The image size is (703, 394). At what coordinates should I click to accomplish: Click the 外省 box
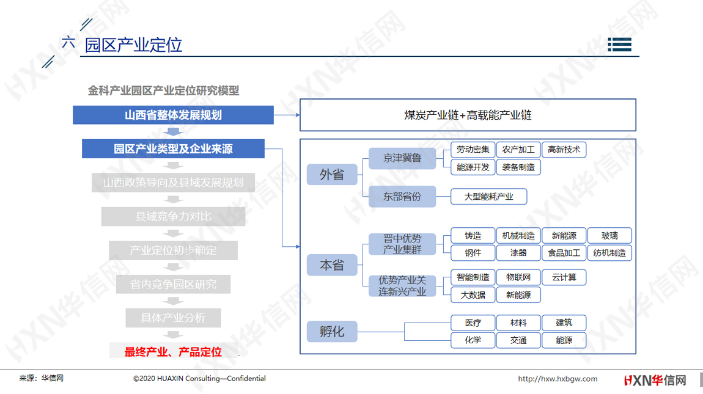(332, 174)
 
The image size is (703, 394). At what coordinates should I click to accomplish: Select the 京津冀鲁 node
(402, 158)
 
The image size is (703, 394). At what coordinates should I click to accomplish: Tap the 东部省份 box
(402, 196)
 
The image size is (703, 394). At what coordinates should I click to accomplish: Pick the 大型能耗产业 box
(488, 196)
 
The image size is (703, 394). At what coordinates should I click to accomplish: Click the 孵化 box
(332, 332)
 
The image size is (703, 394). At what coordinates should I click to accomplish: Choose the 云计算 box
(564, 277)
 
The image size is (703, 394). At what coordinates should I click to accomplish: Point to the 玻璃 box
(609, 235)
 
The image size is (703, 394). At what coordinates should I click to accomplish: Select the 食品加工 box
(564, 253)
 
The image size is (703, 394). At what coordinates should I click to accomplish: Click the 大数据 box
(473, 295)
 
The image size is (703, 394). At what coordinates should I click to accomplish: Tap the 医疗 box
(473, 323)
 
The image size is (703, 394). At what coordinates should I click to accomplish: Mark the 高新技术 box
(564, 150)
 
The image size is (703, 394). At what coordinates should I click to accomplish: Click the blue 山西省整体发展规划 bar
(173, 115)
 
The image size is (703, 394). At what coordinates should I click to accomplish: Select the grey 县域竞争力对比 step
(173, 216)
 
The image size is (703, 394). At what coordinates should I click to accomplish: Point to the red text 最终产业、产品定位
(173, 352)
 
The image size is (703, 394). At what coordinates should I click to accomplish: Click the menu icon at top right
(620, 45)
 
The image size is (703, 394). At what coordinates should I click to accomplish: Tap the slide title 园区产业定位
(134, 45)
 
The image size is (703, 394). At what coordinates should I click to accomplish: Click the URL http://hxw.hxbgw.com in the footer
(558, 379)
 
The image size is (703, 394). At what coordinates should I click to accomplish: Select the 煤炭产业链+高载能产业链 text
(468, 115)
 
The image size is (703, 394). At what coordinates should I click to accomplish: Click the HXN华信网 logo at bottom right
(655, 381)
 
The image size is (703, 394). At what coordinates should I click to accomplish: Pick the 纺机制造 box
(609, 253)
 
